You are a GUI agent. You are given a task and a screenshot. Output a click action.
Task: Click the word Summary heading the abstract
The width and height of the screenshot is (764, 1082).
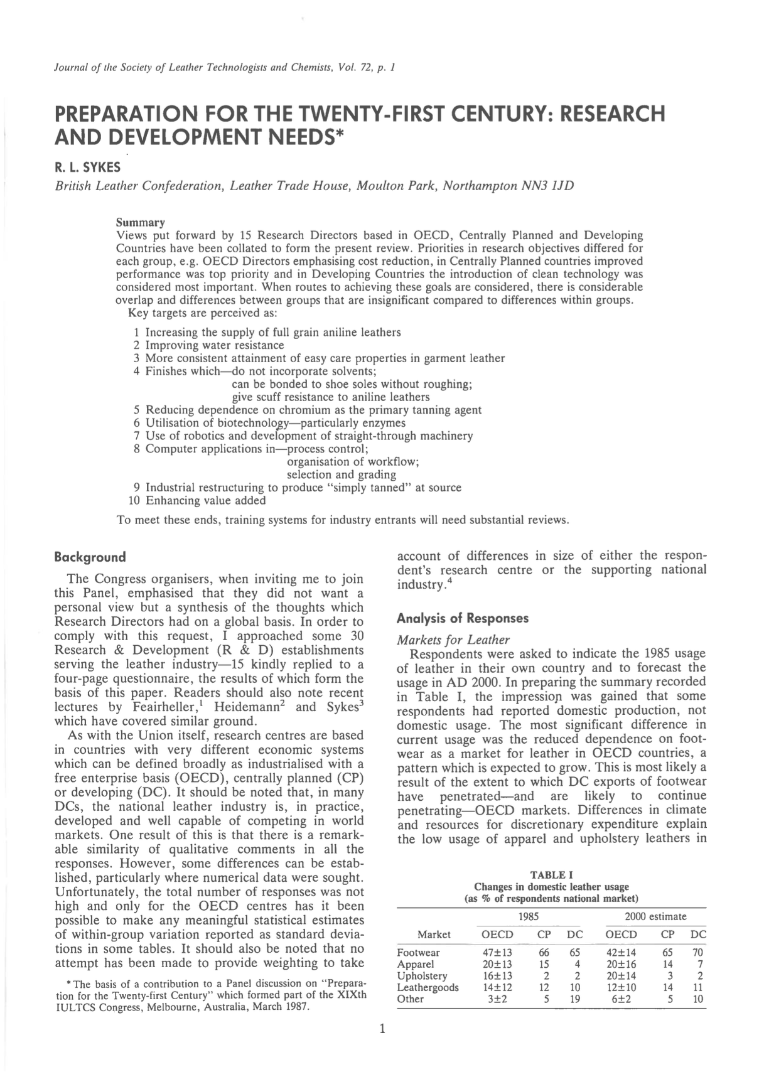[141, 223]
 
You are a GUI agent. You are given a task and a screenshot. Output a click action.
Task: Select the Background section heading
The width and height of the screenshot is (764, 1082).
[90, 557]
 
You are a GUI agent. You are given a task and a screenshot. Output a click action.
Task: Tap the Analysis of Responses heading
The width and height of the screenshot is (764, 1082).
[463, 618]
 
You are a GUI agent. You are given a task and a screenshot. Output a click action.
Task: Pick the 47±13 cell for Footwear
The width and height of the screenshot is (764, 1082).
[497, 952]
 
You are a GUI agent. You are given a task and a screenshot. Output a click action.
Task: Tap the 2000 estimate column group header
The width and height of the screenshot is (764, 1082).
[655, 916]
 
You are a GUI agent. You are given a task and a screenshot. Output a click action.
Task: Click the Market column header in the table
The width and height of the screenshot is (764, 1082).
[434, 935]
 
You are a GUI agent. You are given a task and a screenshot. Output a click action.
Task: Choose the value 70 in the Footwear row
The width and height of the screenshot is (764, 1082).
[697, 952]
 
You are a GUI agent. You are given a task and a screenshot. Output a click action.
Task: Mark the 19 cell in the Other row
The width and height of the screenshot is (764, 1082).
[574, 999]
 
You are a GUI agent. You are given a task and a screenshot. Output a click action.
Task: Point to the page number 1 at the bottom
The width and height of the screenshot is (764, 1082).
[382, 1029]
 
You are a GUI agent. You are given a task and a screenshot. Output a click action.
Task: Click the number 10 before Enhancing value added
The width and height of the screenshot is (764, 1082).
[134, 500]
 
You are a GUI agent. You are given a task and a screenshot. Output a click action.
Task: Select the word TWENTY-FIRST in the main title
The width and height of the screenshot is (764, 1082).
[372, 114]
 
